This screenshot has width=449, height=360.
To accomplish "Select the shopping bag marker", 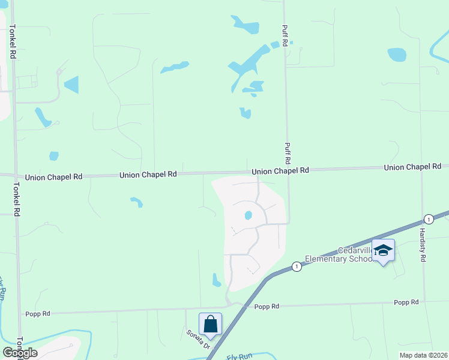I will pos(210,324).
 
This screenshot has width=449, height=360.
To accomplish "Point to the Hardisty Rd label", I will pos(423,244).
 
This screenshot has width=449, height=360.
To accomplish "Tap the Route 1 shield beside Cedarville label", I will pos(296,266).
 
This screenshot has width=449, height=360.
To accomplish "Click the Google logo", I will pos(20,353).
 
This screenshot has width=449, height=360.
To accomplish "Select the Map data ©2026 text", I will pos(423,355).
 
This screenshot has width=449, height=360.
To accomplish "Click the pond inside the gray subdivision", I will pos(247,215).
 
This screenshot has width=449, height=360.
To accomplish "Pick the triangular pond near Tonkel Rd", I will pos(72,85).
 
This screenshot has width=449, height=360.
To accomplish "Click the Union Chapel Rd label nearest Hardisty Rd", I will pos(412,167).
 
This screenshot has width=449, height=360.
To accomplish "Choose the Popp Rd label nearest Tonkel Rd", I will pos(37,313).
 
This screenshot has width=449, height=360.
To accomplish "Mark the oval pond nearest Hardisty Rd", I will pos(397,55).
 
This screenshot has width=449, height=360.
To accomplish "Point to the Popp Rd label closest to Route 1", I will pos(267,306).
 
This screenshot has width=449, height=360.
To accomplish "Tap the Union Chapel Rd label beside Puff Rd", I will pos(280,171).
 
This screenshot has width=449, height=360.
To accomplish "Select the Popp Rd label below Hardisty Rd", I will pos(406,302).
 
